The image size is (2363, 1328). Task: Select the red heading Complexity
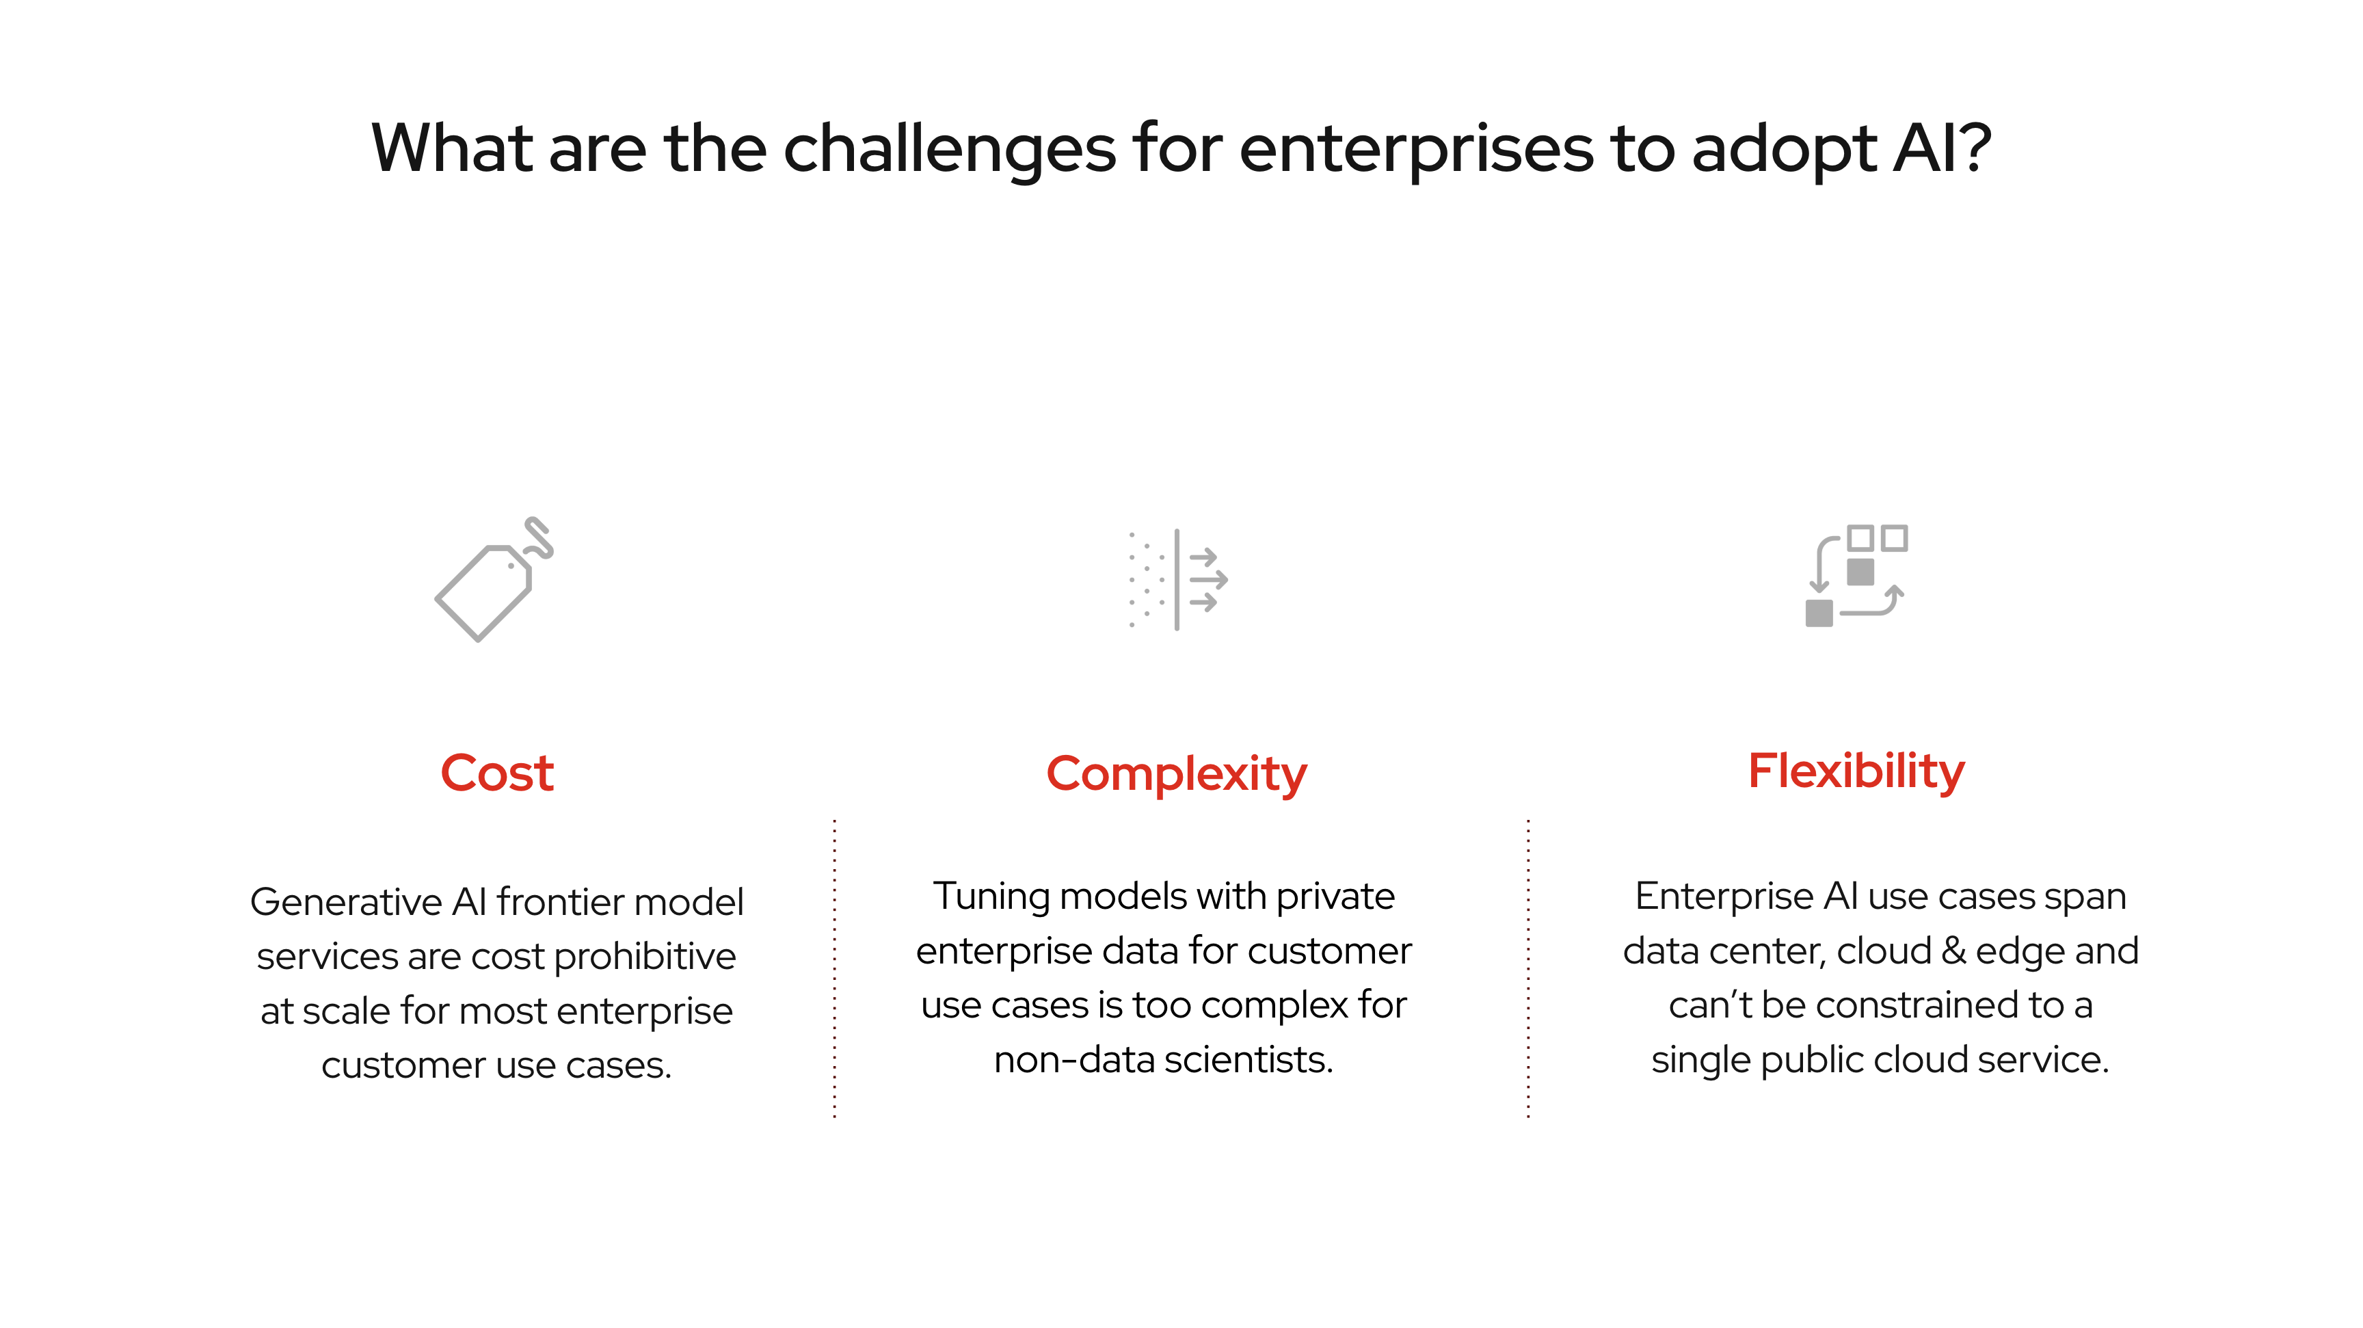pyautogui.click(x=1176, y=775)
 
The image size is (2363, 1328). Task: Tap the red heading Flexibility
pyautogui.click(x=1856, y=771)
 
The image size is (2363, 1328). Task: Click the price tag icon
pyautogui.click(x=494, y=580)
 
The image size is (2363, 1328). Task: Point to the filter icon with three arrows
pyautogui.click(x=1178, y=580)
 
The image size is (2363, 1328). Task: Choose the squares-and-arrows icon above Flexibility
pyautogui.click(x=1856, y=576)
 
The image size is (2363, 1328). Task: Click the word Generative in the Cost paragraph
pyautogui.click(x=347, y=903)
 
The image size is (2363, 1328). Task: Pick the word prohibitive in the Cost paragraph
pyautogui.click(x=645, y=957)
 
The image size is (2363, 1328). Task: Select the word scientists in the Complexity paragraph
pyautogui.click(x=1249, y=1060)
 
